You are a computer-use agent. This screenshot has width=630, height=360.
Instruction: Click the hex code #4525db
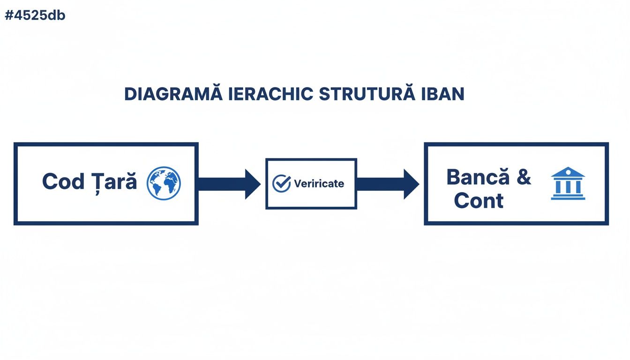tap(35, 15)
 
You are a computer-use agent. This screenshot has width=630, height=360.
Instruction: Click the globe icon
tap(164, 183)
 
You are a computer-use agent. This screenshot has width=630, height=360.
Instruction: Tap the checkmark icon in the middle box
tap(282, 183)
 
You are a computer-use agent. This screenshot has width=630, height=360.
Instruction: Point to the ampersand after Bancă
tap(524, 178)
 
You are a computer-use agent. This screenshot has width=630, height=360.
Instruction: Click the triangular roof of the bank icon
tap(568, 172)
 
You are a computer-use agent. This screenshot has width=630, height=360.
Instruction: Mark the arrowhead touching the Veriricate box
tap(252, 184)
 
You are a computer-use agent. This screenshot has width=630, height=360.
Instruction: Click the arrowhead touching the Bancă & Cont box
tap(411, 184)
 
